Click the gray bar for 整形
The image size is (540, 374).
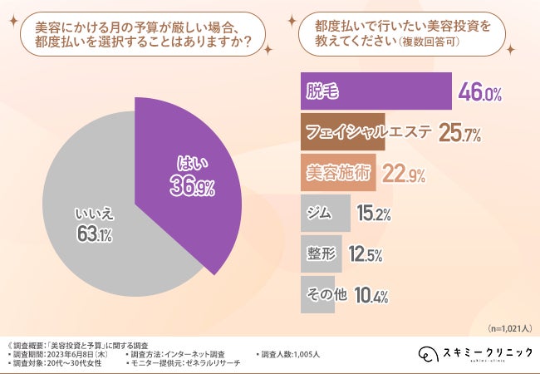coord(319,254)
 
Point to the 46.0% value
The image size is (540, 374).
coord(480,94)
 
